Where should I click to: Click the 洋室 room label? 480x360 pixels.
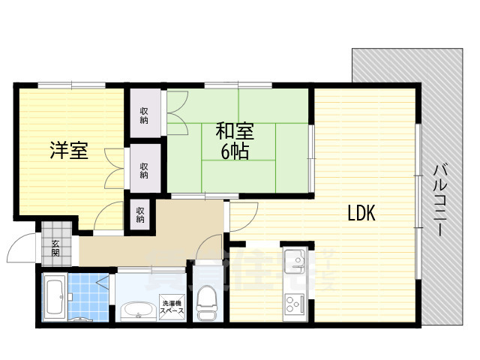tap(69, 151)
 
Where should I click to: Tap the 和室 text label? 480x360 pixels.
tap(235, 130)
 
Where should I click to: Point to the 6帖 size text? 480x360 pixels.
tap(235, 151)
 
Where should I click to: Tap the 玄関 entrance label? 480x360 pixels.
tap(55, 247)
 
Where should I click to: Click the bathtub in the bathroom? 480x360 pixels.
tap(54, 298)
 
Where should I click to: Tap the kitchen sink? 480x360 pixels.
tap(292, 262)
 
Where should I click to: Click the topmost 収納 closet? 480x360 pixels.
tap(143, 115)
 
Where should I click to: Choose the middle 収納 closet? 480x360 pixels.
tap(143, 169)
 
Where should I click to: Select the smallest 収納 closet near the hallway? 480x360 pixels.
tap(140, 215)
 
